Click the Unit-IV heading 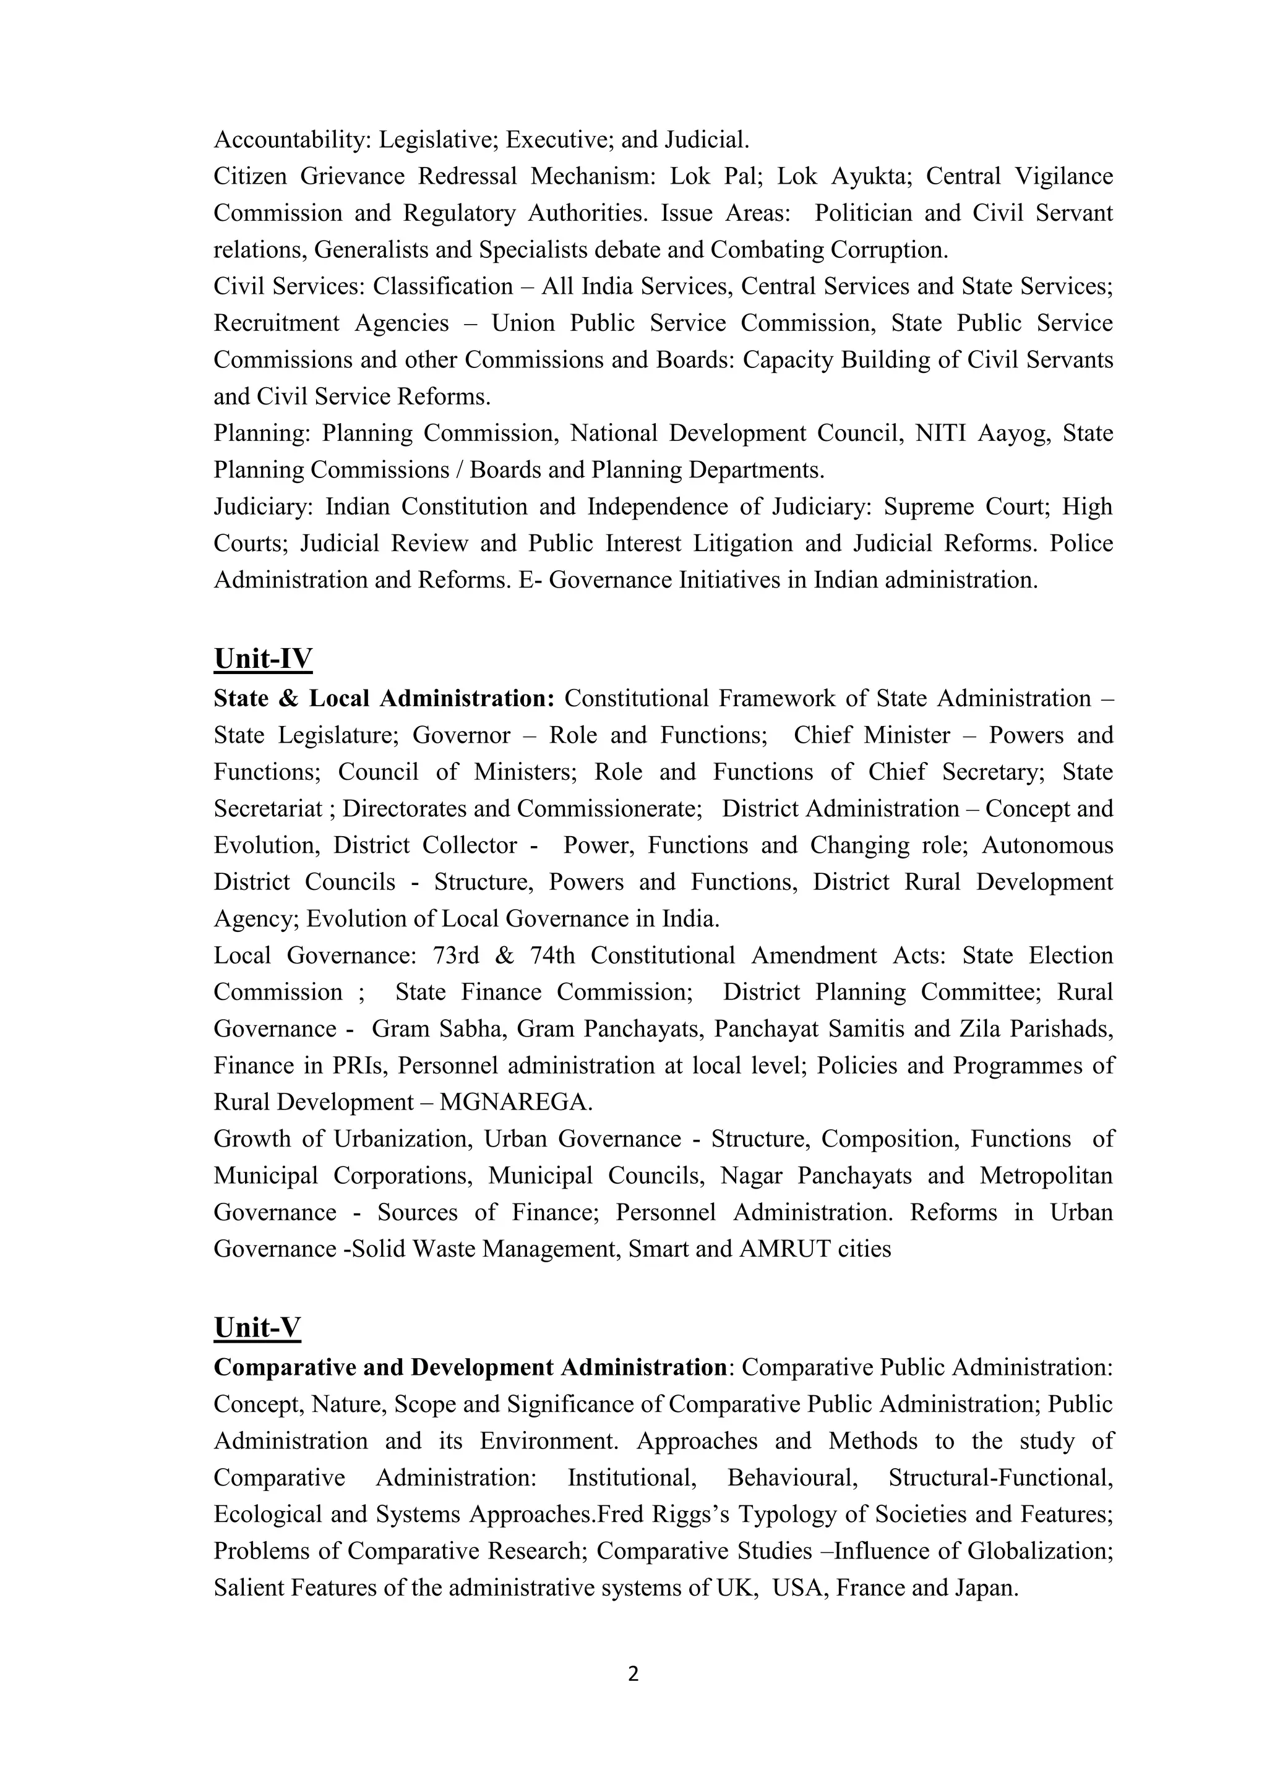(263, 659)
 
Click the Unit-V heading (257, 1328)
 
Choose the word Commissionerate (609, 809)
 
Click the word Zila (979, 1029)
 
